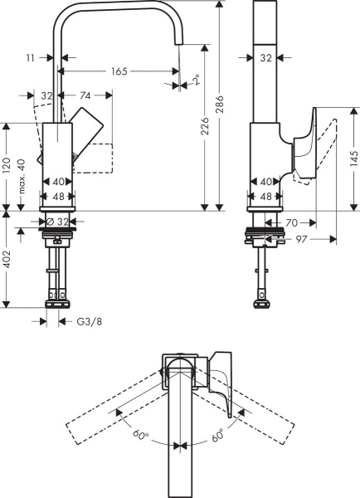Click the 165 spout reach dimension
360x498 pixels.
(119, 72)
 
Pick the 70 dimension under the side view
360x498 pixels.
(292, 222)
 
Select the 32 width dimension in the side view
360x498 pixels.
(265, 58)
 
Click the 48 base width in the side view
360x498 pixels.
(265, 198)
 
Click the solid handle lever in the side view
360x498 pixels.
(304, 148)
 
